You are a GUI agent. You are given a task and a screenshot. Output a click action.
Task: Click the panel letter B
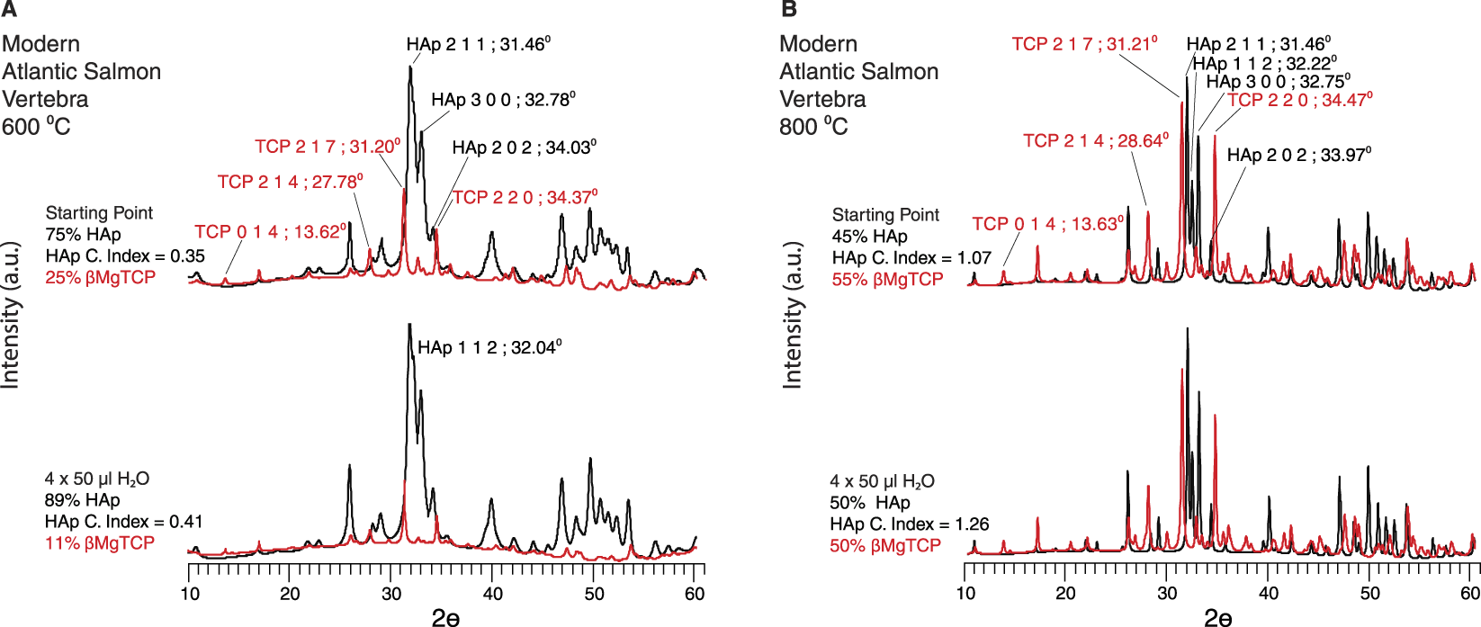pyautogui.click(x=789, y=10)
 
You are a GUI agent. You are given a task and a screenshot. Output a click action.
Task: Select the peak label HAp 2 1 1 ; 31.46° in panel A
pyautogui.click(x=478, y=45)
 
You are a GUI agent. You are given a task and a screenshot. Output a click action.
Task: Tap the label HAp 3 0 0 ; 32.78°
pyautogui.click(x=503, y=100)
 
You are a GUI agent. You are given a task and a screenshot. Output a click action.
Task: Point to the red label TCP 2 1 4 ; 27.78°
pyautogui.click(x=290, y=182)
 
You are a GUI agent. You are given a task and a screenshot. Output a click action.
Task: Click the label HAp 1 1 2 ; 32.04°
pyautogui.click(x=489, y=347)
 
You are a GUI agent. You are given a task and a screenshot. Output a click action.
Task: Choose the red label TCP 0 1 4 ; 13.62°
pyautogui.click(x=270, y=232)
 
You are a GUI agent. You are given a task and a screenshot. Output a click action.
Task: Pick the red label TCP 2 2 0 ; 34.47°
pyautogui.click(x=1299, y=100)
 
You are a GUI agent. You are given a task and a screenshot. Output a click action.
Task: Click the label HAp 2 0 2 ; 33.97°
pyautogui.click(x=1298, y=155)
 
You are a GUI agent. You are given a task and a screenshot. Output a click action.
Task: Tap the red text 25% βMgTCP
pyautogui.click(x=100, y=278)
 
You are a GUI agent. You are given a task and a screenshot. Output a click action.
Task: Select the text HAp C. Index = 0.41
pyautogui.click(x=123, y=522)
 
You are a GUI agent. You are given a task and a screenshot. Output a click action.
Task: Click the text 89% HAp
pyautogui.click(x=82, y=500)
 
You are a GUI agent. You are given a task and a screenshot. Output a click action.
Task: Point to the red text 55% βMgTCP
pyautogui.click(x=887, y=280)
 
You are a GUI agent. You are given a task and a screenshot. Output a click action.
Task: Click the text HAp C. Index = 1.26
pyautogui.click(x=909, y=524)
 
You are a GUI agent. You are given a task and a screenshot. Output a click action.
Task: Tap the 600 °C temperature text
pyautogui.click(x=36, y=127)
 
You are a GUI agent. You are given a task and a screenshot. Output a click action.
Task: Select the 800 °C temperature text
pyautogui.click(x=813, y=127)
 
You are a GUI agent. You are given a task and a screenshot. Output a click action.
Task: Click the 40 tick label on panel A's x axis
pyautogui.click(x=492, y=594)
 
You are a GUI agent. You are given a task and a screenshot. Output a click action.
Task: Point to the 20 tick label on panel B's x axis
pyautogui.click(x=1065, y=594)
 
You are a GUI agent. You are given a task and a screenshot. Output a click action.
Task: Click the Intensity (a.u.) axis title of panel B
pyautogui.click(x=793, y=315)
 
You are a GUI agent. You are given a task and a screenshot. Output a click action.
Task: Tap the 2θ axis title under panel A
pyautogui.click(x=446, y=617)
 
